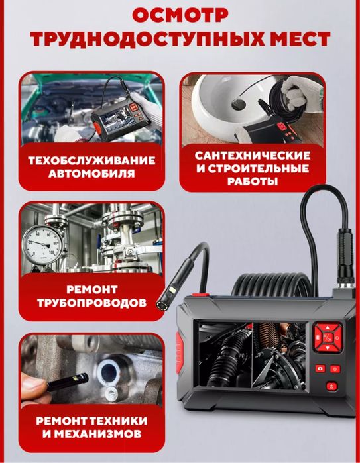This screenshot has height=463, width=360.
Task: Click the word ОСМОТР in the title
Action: point(180,15)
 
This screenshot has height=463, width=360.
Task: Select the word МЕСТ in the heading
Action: point(294,39)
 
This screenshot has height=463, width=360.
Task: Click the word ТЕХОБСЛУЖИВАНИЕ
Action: point(91,160)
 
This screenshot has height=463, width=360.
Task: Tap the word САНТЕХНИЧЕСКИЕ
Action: point(254,154)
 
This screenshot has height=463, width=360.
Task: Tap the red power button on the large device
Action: point(330,386)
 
